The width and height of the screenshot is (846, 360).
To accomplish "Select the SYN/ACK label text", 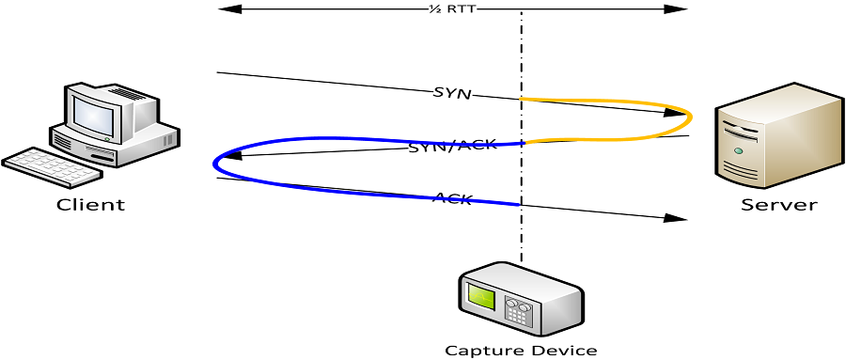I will [x=452, y=146].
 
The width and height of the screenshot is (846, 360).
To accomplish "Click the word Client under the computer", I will [x=90, y=205].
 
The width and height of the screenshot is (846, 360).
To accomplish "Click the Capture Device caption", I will [x=520, y=351].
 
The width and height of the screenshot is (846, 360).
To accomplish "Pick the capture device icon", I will [x=520, y=298].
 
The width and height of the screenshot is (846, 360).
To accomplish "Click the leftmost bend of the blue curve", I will [x=216, y=163].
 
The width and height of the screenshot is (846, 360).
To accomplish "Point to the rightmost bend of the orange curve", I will [x=691, y=117].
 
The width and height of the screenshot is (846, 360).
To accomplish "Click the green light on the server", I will [x=739, y=150].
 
